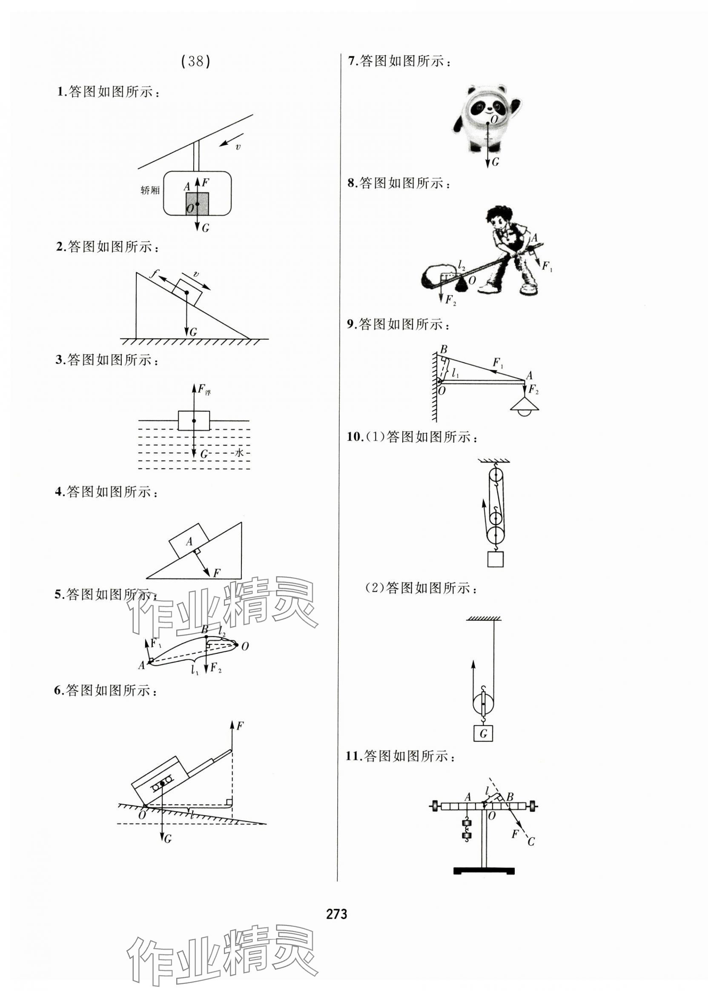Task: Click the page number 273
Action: point(337,913)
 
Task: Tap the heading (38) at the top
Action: point(195,61)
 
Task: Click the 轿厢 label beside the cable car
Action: point(150,190)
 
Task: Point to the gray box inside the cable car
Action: point(197,203)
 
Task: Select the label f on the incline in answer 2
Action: point(153,274)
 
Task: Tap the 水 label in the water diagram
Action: point(239,453)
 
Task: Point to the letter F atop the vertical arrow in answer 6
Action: point(240,726)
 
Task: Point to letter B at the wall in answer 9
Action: point(444,349)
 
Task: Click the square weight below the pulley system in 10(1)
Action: point(495,559)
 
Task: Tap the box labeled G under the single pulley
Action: point(483,734)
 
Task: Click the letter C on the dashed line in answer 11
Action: point(530,842)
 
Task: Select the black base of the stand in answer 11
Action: point(484,871)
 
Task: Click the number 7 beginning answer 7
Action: point(351,61)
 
